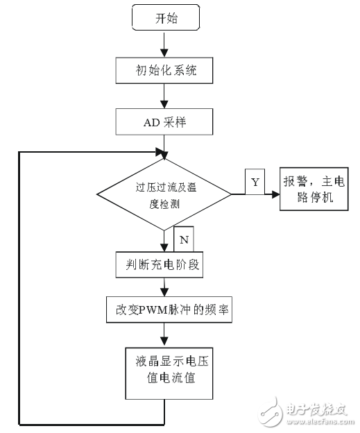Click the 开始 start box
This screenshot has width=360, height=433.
pos(164,19)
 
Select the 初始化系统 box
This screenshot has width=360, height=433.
pos(164,70)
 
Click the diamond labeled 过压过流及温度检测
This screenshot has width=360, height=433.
pos(164,194)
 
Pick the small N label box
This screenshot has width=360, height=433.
pos(183,238)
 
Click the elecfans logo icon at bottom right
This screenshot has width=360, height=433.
pos(272,409)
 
